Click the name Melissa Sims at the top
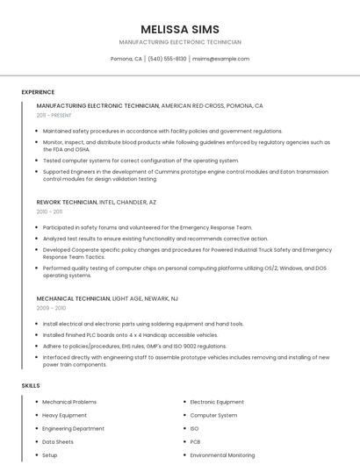180,29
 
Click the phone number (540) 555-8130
167,59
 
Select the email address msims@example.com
220,59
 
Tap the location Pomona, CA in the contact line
126,59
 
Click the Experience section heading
38,92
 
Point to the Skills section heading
31,386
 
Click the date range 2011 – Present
54,115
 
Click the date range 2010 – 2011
49,211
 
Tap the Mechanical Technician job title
74,298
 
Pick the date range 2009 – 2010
51,308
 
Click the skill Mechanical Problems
69,402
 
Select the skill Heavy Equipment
64,415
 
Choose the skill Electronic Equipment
217,402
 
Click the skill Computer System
213,415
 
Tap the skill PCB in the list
195,442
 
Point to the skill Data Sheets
58,442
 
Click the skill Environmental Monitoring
222,455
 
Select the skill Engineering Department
73,428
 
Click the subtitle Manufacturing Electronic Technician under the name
180,42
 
